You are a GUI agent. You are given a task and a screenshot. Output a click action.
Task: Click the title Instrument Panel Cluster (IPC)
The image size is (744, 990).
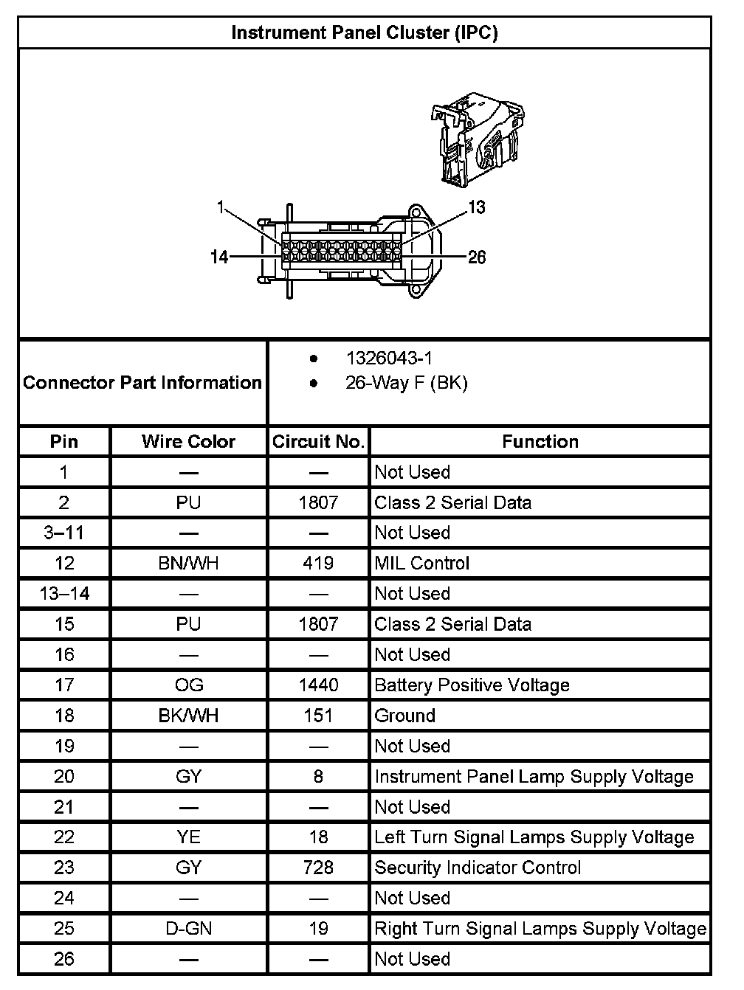click(365, 33)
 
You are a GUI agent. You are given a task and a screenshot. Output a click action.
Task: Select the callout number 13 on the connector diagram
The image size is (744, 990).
click(477, 207)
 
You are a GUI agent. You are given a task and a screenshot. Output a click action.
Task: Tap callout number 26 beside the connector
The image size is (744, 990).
click(477, 257)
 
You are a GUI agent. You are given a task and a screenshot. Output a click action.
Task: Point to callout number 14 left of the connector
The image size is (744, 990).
click(219, 257)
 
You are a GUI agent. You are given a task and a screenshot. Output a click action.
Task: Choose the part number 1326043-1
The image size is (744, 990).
click(389, 359)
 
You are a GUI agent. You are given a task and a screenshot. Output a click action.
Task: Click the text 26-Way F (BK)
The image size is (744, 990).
click(406, 384)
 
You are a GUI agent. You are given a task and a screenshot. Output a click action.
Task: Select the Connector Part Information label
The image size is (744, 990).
click(142, 383)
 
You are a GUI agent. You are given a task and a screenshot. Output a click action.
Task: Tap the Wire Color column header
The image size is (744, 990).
click(188, 442)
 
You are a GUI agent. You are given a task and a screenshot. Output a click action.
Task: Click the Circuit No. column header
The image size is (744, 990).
click(318, 442)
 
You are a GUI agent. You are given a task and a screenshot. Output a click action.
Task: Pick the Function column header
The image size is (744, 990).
click(540, 442)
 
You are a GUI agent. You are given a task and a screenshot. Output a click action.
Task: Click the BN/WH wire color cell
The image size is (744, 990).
click(188, 564)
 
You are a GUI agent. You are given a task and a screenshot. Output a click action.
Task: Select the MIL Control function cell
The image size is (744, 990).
click(421, 564)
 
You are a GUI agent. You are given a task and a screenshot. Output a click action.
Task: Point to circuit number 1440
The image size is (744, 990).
click(318, 685)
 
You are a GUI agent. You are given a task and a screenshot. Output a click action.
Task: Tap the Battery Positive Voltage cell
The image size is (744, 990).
click(472, 685)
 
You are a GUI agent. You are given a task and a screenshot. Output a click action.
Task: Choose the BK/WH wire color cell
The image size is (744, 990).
click(188, 716)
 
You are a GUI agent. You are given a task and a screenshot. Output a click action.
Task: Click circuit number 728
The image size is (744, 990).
click(318, 868)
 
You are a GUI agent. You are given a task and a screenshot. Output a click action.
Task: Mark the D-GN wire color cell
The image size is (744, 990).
click(188, 929)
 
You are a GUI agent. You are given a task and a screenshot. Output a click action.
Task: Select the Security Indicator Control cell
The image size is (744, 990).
click(478, 868)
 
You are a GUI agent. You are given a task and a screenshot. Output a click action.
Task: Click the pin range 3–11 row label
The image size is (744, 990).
click(64, 533)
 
